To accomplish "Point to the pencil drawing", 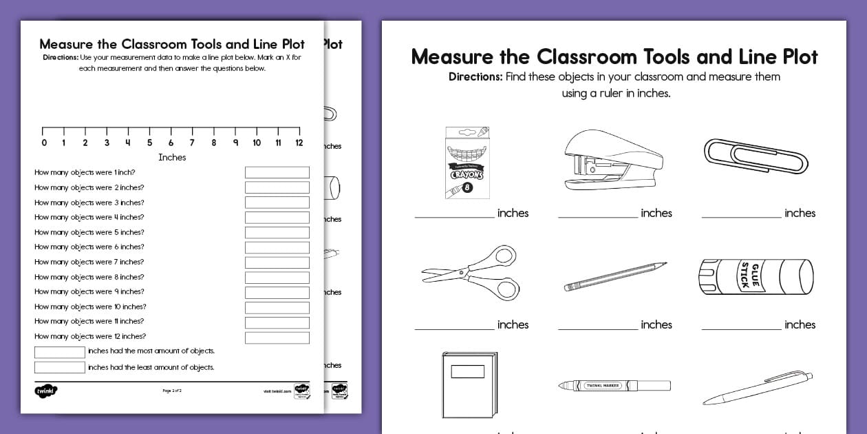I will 615,276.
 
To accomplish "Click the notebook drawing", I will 468,384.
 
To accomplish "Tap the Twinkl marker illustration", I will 614,386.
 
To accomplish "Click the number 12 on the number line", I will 299,143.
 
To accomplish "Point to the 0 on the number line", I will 44,143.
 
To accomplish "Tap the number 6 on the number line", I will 171,143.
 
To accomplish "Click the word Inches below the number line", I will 172,157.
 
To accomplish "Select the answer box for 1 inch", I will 277,172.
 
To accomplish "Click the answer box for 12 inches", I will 277,338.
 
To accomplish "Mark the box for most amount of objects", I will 59,352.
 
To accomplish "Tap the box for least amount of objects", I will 59,367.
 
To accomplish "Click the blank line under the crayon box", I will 454,217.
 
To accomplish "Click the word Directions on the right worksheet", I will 475,76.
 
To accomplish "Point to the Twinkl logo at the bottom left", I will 45,391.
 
